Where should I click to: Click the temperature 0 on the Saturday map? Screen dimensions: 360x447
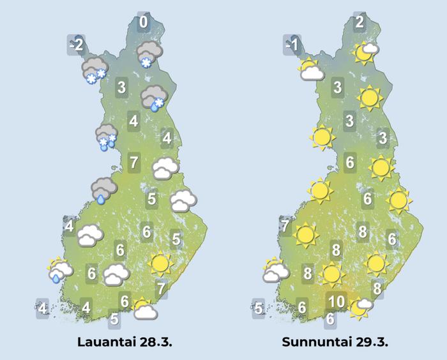144,24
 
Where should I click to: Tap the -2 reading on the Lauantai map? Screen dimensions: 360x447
77,45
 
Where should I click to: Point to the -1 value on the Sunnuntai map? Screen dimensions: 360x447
293,45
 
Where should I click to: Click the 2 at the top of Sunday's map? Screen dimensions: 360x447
360,24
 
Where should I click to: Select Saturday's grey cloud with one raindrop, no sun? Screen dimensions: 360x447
103,190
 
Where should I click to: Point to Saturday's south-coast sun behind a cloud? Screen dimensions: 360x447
144,310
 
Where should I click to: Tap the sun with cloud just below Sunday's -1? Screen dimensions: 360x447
310,69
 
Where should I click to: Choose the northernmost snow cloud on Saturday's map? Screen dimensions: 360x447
149,52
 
